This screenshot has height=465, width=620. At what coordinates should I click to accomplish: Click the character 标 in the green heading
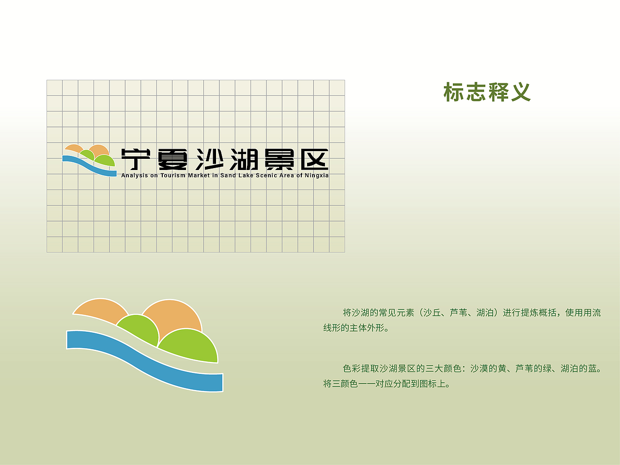click(454, 92)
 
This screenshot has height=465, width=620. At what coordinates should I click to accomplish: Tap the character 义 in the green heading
click(521, 92)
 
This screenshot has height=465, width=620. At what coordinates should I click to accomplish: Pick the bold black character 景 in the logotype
click(280, 159)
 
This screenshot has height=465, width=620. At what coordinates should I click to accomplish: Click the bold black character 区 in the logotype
click(314, 159)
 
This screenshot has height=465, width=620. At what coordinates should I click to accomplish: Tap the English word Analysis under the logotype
click(135, 175)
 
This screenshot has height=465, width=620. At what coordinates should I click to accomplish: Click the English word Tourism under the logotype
click(173, 175)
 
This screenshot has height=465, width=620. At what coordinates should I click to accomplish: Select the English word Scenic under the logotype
click(266, 175)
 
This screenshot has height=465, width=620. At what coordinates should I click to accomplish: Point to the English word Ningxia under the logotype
click(316, 175)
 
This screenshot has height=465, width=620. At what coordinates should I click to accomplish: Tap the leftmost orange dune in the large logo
click(99, 310)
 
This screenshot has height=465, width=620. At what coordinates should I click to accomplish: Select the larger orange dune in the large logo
click(174, 315)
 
